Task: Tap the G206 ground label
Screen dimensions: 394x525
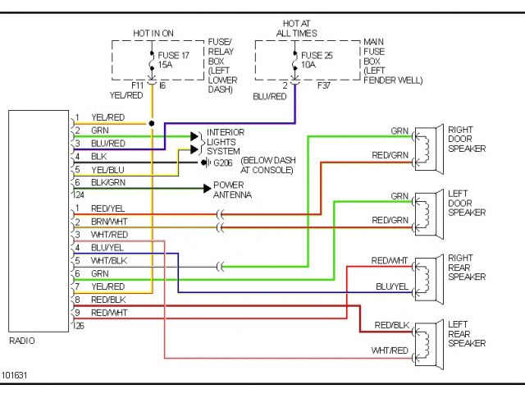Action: click(x=223, y=163)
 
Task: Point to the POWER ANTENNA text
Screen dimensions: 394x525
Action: click(x=232, y=190)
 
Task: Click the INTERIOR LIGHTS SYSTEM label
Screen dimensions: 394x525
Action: click(x=226, y=142)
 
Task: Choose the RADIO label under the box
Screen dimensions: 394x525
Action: click(x=21, y=341)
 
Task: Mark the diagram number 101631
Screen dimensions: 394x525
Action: click(x=14, y=375)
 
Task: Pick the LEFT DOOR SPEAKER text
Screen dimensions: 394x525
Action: click(x=466, y=203)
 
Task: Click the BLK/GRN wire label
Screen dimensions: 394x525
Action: click(x=108, y=182)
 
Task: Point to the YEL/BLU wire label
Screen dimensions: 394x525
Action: click(x=107, y=169)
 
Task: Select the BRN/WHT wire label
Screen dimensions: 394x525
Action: click(x=108, y=222)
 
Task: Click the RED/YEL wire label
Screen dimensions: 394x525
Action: click(x=107, y=208)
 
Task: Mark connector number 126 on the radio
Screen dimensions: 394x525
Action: click(x=78, y=326)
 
